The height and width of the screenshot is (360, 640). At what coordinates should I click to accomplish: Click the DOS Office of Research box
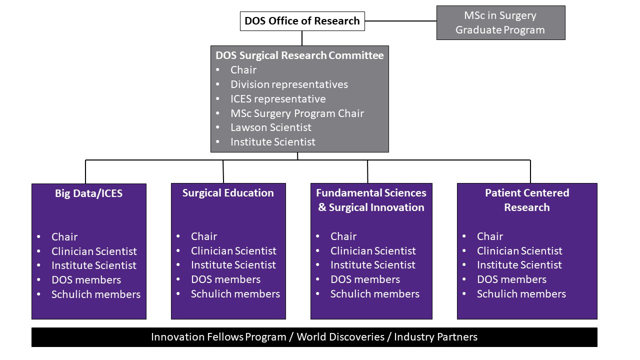tap(302, 21)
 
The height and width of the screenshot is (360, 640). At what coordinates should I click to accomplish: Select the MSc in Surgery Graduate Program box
tap(500, 22)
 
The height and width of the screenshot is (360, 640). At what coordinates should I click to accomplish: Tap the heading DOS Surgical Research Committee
tap(299, 55)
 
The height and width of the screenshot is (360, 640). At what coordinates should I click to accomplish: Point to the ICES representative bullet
tap(277, 99)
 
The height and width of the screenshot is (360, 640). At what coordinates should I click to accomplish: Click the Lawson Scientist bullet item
tap(270, 127)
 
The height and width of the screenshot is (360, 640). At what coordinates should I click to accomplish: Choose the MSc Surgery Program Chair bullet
tap(297, 113)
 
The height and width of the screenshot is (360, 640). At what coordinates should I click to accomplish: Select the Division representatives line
tap(289, 84)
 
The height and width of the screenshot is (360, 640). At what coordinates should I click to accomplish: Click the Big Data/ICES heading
tap(88, 193)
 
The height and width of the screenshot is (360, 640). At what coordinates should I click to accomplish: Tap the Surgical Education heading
tap(228, 193)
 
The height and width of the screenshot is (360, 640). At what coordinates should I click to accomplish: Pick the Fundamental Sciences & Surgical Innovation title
tap(371, 200)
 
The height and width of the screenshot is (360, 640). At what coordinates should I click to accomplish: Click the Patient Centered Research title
tap(527, 200)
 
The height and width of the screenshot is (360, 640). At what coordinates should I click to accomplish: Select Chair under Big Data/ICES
tap(64, 237)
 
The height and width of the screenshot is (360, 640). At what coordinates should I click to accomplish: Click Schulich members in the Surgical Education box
tap(235, 294)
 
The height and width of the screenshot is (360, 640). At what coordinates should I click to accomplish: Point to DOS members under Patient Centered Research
tap(511, 279)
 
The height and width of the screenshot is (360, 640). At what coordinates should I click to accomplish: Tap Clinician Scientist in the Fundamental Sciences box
tap(373, 251)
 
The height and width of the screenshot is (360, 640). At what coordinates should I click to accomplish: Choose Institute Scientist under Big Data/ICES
tap(94, 265)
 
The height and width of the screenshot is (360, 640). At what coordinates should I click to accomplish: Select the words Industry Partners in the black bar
tap(435, 337)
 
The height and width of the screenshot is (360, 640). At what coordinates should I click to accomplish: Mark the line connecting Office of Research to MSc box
tap(400, 21)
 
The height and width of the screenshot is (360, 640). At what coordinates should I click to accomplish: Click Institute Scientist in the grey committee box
tap(272, 142)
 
